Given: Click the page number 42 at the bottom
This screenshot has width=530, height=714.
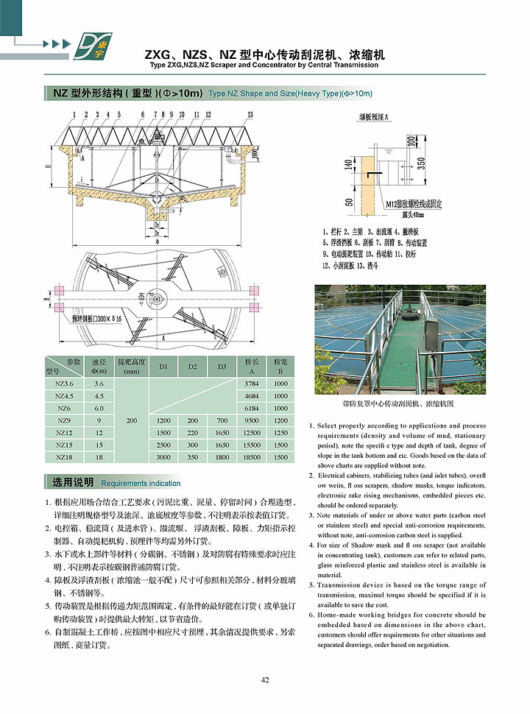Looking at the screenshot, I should (265, 679).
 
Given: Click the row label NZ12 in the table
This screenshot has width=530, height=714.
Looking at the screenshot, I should (64, 433).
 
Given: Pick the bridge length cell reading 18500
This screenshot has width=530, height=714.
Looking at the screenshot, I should (252, 457).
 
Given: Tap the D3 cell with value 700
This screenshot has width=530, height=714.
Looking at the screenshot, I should (222, 420).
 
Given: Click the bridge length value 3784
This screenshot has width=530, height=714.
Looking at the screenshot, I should (252, 383).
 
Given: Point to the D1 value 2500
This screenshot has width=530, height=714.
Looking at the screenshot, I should (163, 445).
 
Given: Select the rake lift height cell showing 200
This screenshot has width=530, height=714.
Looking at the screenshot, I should (132, 420).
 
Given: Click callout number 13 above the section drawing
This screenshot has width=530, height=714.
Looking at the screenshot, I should (250, 115).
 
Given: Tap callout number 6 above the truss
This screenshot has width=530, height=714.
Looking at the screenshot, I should (144, 115).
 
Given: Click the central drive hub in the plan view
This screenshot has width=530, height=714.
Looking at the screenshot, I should (158, 297).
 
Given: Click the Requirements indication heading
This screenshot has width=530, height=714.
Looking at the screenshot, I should (141, 483).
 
